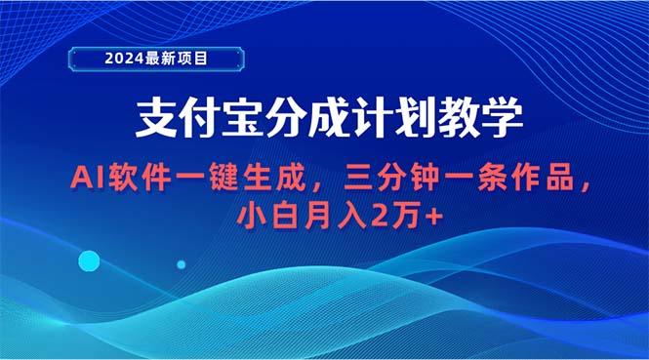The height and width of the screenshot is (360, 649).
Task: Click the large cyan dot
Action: pos(89,260)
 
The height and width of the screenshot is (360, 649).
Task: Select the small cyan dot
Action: pos(182,264)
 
